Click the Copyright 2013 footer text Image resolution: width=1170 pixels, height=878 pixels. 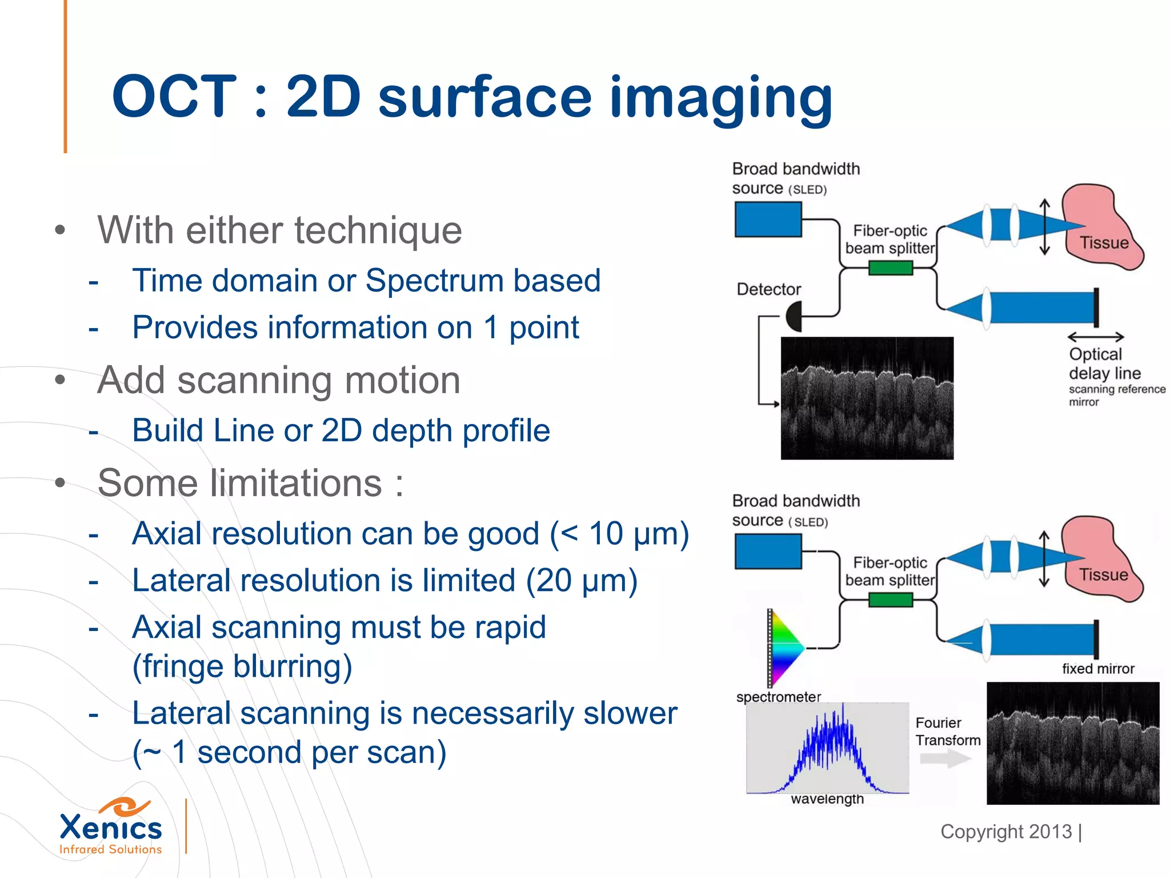[1007, 832]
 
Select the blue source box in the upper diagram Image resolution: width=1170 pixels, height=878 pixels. [768, 220]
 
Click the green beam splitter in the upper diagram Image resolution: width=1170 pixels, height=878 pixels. [890, 268]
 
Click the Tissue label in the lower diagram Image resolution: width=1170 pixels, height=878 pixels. [1103, 574]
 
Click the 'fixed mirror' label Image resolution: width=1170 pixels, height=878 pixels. [1097, 669]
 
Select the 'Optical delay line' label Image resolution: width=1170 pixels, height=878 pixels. [1104, 364]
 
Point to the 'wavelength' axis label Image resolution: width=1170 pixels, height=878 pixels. [827, 799]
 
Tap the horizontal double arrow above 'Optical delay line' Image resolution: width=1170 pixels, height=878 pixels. [1095, 337]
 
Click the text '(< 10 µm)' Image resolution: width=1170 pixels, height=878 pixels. [619, 534]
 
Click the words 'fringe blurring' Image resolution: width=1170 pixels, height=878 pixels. [242, 667]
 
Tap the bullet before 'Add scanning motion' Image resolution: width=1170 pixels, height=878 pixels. [60, 380]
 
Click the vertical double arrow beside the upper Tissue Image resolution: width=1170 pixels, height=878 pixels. [1044, 227]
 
